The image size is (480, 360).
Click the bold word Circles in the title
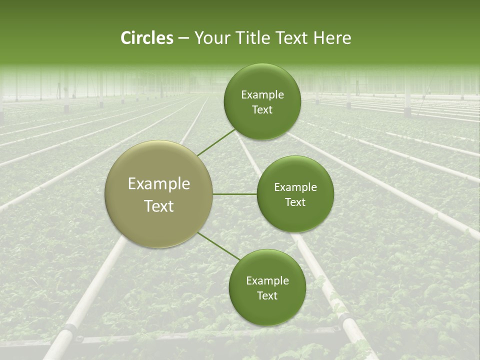tap(146, 38)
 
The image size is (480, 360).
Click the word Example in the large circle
tap(159, 184)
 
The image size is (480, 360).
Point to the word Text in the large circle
tap(159, 206)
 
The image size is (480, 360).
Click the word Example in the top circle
tap(262, 95)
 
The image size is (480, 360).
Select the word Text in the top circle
tap(262, 110)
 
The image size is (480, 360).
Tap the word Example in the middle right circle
tap(295, 187)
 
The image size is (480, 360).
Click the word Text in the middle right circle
tap(295, 202)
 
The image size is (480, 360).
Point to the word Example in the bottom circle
tap(267, 281)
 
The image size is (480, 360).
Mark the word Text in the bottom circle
tap(267, 296)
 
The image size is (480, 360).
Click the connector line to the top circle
tap(216, 142)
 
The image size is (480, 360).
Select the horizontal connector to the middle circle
tap(235, 194)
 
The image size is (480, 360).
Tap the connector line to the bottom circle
tap(219, 246)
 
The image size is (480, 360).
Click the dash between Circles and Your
tap(183, 38)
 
